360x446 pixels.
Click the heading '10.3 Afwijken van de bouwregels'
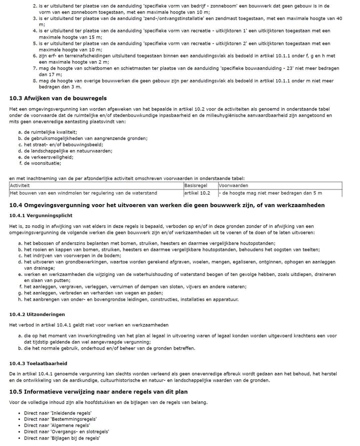57,98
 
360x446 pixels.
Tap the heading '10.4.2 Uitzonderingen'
37,314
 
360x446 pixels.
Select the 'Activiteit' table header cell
20,185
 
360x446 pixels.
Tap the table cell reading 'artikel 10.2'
197,193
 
